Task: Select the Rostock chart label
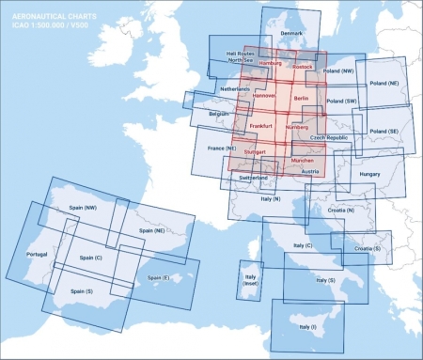point(303,67)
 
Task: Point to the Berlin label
point(301,98)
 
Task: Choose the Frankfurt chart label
point(260,125)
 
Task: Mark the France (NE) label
point(222,148)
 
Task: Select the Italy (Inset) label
point(250,280)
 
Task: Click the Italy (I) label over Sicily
point(307,326)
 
